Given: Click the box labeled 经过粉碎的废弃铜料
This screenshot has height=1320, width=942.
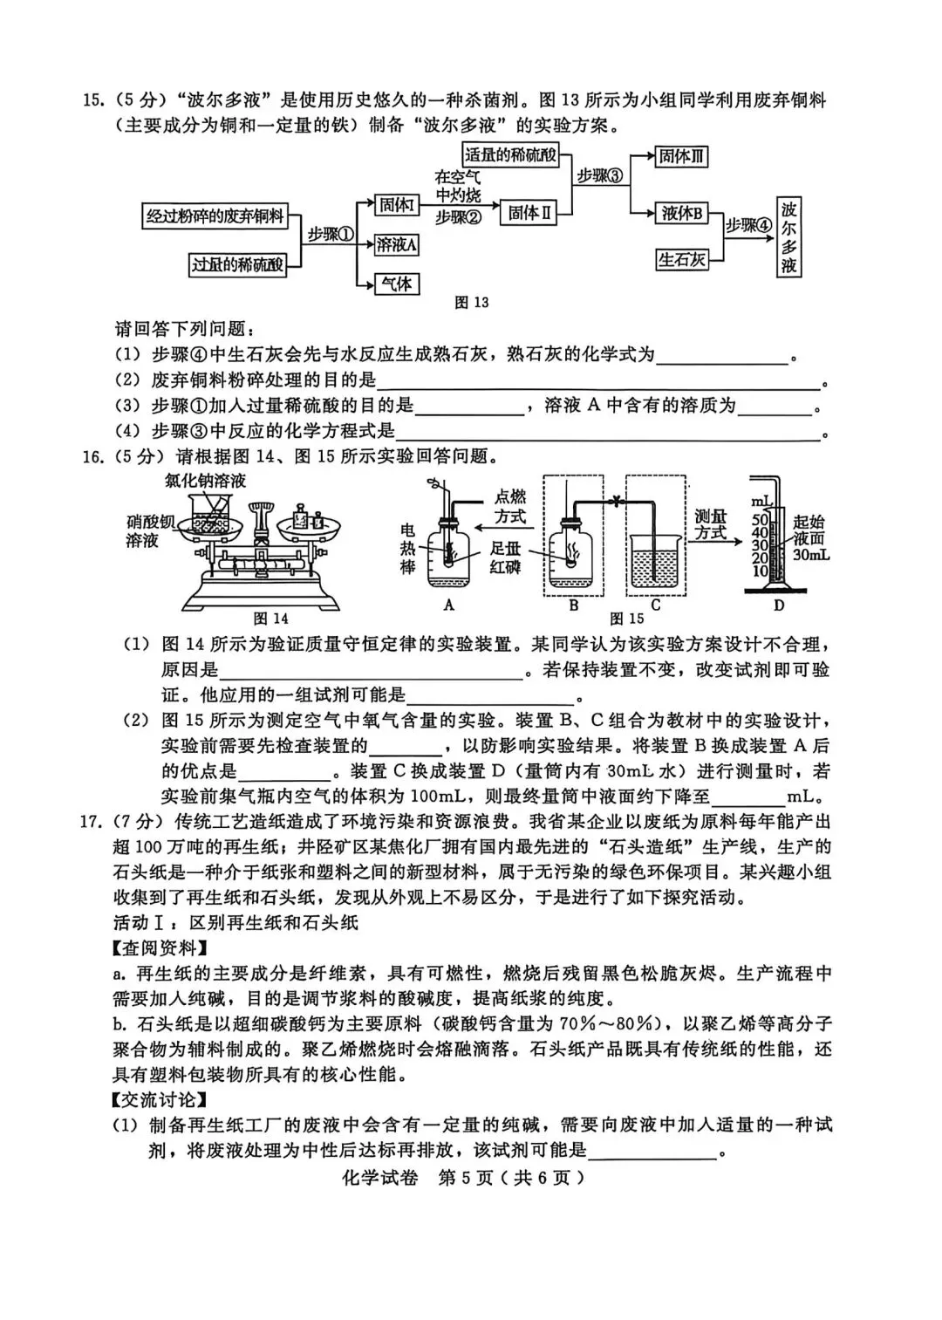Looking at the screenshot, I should tap(215, 216).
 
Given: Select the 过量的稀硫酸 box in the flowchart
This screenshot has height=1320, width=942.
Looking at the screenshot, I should tap(237, 264).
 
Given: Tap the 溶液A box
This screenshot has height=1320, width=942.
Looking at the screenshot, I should tap(396, 245).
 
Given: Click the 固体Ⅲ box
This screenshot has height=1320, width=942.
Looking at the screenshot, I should tap(681, 157).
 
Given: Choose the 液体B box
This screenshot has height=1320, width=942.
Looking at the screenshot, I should tap(681, 213).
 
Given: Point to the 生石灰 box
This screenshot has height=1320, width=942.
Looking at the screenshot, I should tap(681, 259).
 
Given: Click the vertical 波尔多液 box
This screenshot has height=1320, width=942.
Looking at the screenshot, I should tap(788, 236).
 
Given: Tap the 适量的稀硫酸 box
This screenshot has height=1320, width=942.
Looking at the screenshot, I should tap(510, 155).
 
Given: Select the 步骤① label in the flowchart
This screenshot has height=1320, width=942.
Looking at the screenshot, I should tap(331, 235).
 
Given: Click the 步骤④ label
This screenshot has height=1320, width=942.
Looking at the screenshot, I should tap(749, 225).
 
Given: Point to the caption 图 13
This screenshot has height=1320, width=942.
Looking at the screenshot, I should tap(472, 303).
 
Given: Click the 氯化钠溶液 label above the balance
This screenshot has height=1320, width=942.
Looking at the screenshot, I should tap(205, 481).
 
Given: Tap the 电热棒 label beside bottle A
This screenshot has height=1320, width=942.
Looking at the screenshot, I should tap(407, 549).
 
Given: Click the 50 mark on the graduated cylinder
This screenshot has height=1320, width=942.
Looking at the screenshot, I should tap(759, 520).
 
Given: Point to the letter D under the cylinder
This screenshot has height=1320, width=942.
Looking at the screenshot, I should tap(778, 605).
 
